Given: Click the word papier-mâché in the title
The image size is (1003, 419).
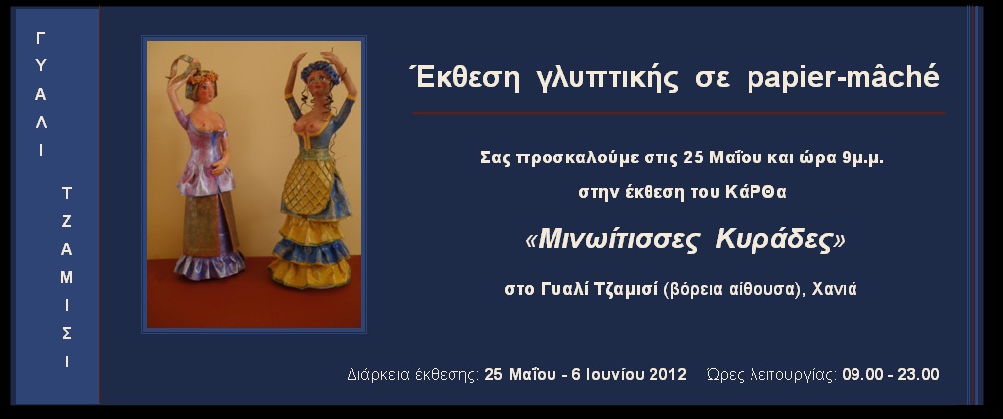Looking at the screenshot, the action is [843, 77].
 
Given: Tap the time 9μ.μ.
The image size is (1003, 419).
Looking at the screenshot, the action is [863, 158].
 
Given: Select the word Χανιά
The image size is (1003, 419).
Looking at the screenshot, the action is [834, 290].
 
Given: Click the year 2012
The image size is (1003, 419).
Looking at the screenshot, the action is [667, 374].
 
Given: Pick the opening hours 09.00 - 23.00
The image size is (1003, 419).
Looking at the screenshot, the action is [890, 374].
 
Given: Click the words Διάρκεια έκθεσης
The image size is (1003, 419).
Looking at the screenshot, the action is [413, 375].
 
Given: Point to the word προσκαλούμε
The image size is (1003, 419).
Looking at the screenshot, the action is [564, 158].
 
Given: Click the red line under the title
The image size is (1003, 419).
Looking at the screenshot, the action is [678, 113].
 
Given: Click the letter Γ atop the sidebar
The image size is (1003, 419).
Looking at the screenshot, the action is [41, 39].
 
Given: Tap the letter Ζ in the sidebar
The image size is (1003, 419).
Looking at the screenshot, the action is [66, 221].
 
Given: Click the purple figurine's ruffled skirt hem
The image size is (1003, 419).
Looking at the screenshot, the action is [209, 264].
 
